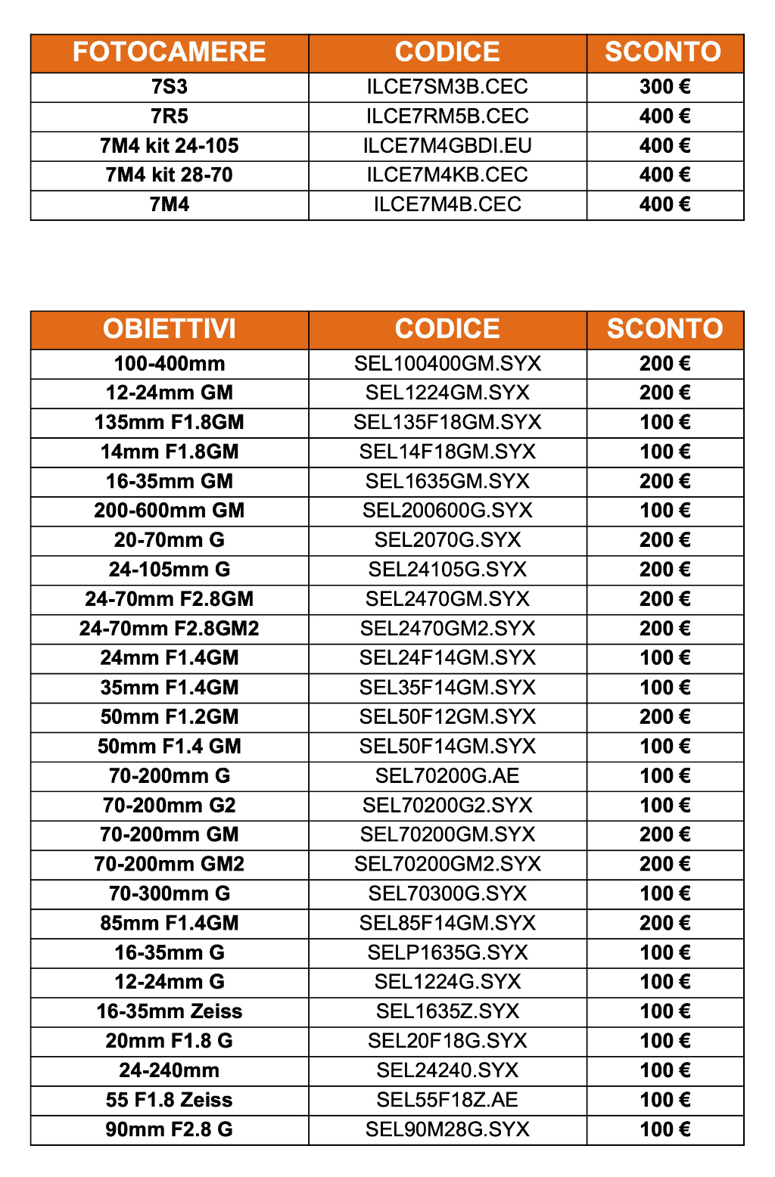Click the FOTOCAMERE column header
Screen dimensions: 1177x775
(x=169, y=52)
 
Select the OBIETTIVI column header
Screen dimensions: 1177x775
(x=169, y=329)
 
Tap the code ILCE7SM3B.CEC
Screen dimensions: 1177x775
(x=447, y=87)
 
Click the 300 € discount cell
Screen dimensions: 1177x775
(x=665, y=87)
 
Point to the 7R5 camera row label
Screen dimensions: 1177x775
(x=169, y=116)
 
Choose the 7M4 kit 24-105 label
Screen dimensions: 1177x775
(x=169, y=146)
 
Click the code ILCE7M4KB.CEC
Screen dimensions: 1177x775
(x=447, y=175)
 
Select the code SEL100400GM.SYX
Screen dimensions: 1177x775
(x=447, y=364)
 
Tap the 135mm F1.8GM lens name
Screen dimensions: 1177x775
(x=169, y=423)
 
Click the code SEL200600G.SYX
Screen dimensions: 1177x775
(x=447, y=511)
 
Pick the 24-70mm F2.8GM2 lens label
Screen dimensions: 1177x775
(x=169, y=629)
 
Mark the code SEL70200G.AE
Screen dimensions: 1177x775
(x=447, y=776)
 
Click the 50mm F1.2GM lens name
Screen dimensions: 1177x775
(x=169, y=717)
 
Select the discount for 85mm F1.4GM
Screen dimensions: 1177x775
(x=665, y=924)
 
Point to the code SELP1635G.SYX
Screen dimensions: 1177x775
(x=447, y=953)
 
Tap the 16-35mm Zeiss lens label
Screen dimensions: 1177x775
(x=169, y=1012)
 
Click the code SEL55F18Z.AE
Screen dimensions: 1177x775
(x=447, y=1101)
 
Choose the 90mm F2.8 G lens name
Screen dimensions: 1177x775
(x=169, y=1130)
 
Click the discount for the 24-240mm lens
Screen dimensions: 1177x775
(x=665, y=1071)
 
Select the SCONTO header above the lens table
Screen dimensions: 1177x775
(x=665, y=329)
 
